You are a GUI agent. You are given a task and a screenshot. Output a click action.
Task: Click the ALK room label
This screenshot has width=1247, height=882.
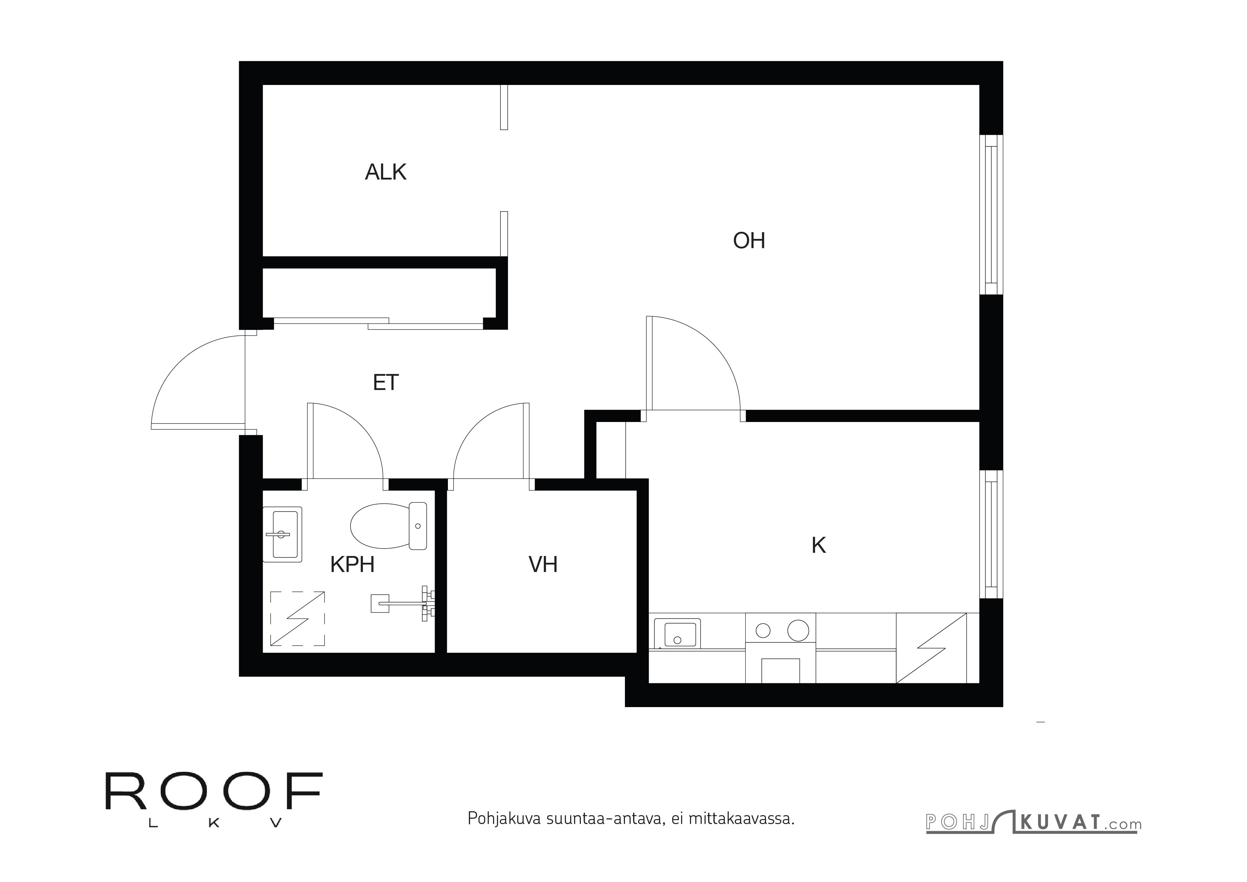[386, 172]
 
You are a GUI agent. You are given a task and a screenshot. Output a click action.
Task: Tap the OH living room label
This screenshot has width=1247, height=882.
[749, 241]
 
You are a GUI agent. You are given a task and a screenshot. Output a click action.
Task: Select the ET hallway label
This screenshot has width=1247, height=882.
[386, 383]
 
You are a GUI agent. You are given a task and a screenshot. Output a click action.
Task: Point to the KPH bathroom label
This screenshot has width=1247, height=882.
[353, 565]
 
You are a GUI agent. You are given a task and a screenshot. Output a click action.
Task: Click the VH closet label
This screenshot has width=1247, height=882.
[543, 565]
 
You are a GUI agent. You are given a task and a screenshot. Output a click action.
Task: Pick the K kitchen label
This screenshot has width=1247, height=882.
[819, 546]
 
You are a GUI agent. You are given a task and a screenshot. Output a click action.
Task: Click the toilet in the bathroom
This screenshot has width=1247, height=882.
[388, 526]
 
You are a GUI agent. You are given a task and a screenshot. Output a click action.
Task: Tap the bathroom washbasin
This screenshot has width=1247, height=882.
[282, 534]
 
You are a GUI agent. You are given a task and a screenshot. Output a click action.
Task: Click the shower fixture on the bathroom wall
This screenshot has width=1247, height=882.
[403, 603]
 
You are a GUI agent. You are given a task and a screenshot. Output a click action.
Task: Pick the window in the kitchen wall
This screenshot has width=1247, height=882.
[991, 534]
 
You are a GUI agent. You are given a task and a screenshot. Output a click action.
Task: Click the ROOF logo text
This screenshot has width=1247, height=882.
[214, 791]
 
